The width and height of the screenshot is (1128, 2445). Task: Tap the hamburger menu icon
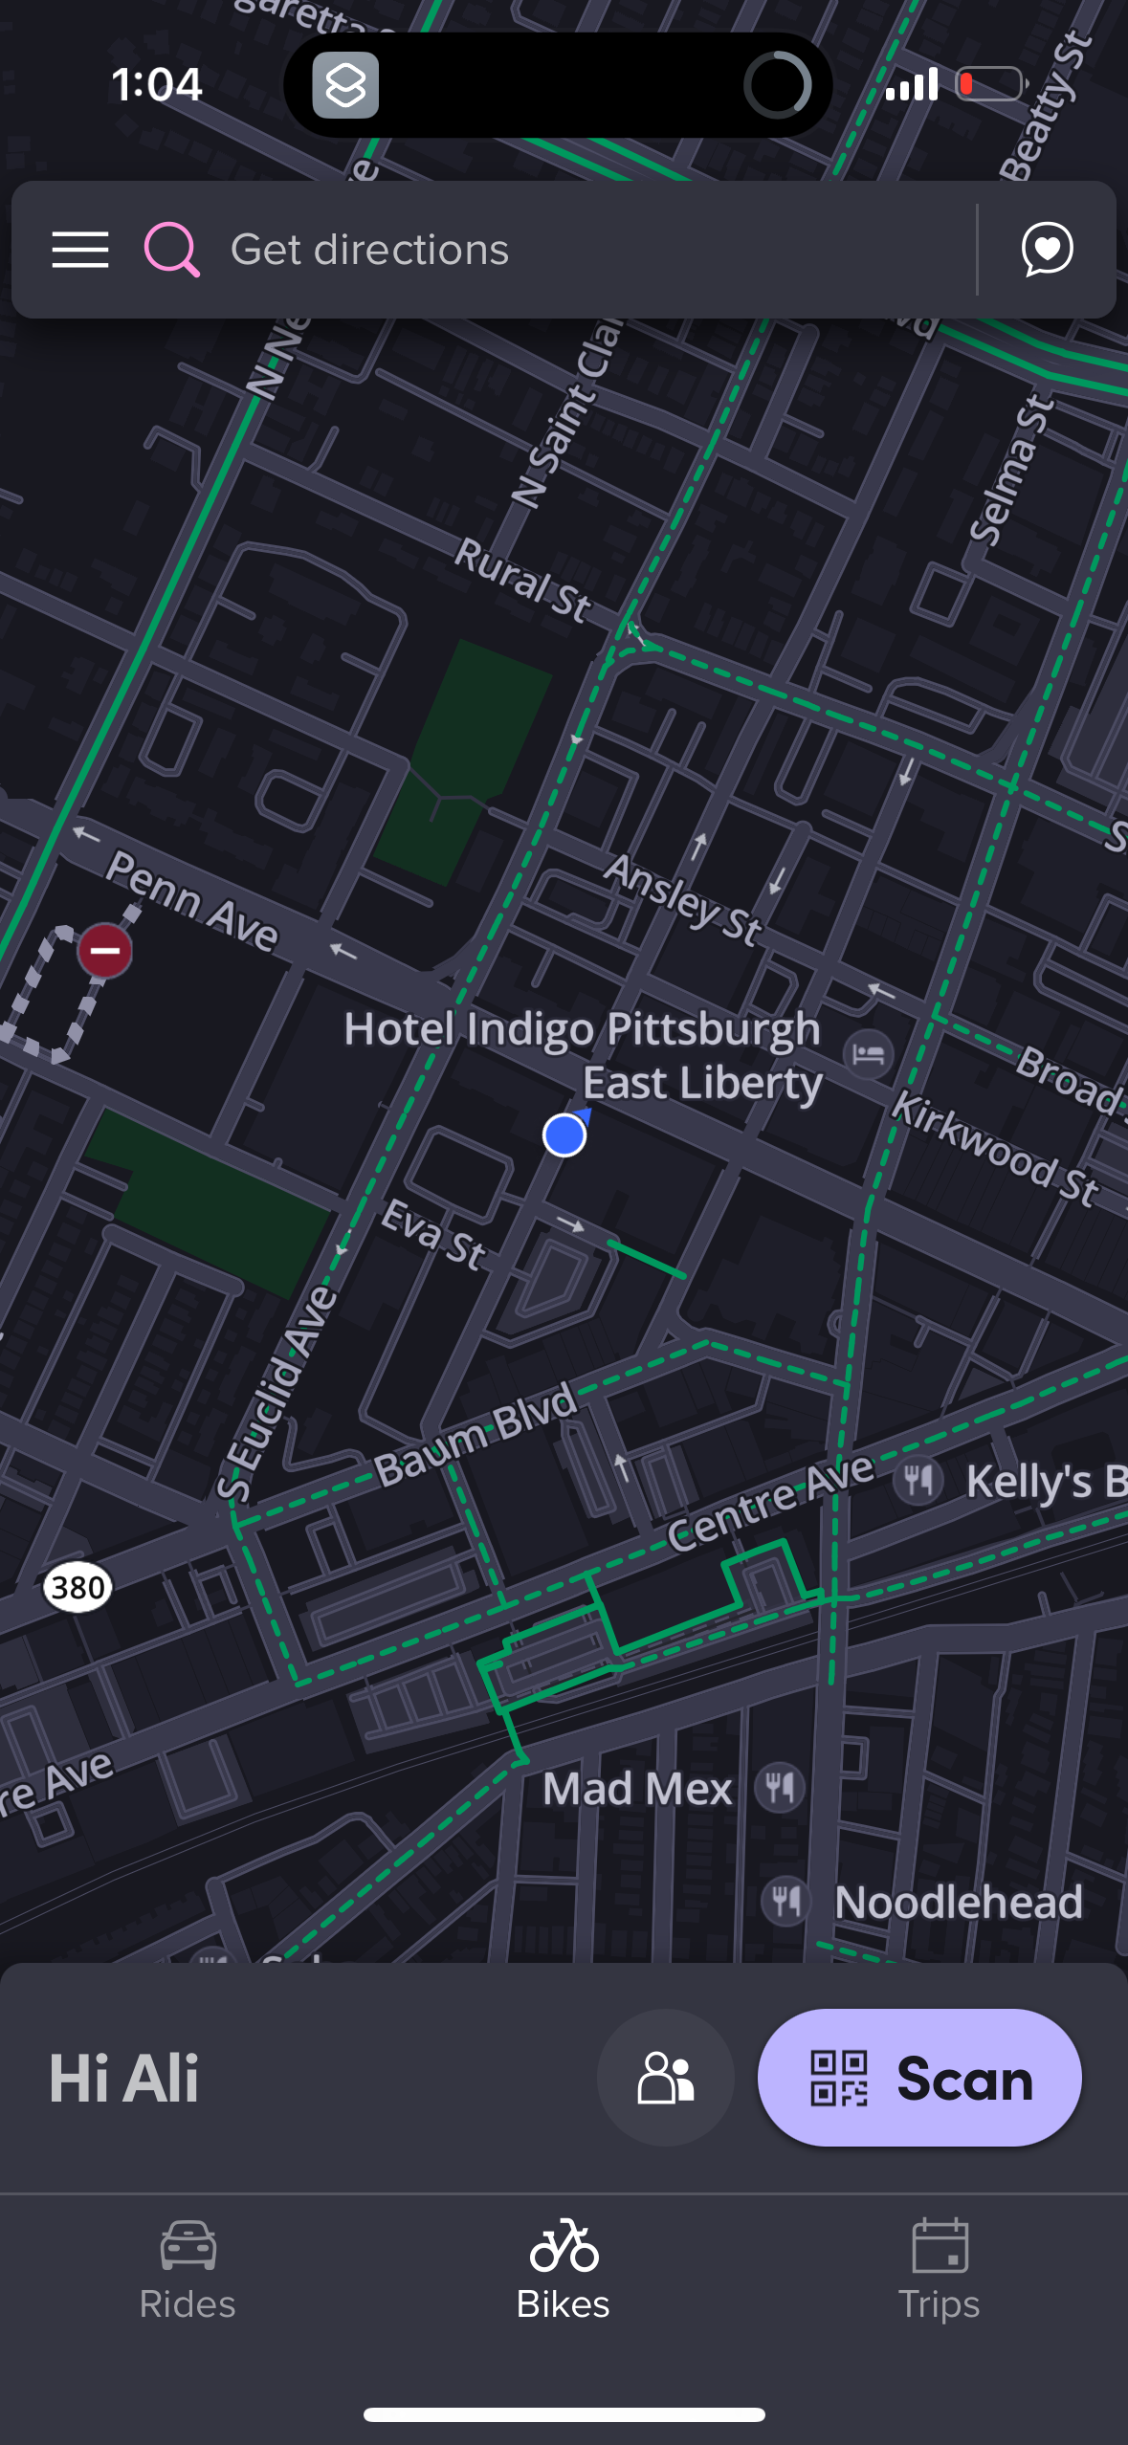pos(80,250)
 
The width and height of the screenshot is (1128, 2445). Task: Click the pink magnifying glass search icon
pos(171,250)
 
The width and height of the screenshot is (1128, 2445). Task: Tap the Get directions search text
pos(369,250)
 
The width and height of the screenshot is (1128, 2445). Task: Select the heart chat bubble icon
pos(1047,250)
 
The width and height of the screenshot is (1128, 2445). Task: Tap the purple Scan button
pos(919,2078)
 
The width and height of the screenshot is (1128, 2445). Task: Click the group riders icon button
pos(666,2078)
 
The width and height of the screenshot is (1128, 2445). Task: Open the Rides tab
pos(188,2270)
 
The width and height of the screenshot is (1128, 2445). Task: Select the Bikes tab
pos(564,2270)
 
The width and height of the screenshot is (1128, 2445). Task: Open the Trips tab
pos(940,2270)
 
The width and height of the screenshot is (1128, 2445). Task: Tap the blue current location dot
pos(564,1135)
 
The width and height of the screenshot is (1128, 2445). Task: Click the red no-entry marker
pos(105,951)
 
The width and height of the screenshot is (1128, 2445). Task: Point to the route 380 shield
pos(77,1588)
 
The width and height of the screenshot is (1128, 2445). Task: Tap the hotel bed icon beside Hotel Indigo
pos(868,1054)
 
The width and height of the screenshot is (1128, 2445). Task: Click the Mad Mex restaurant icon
pos(780,1787)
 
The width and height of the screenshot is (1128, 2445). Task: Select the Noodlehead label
pos(958,1902)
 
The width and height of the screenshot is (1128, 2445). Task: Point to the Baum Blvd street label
pos(476,1435)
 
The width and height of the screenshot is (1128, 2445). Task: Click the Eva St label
pos(434,1235)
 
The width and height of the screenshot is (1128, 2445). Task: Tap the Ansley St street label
pos(683,899)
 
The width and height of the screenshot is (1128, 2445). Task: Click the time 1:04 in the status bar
pos(157,84)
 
